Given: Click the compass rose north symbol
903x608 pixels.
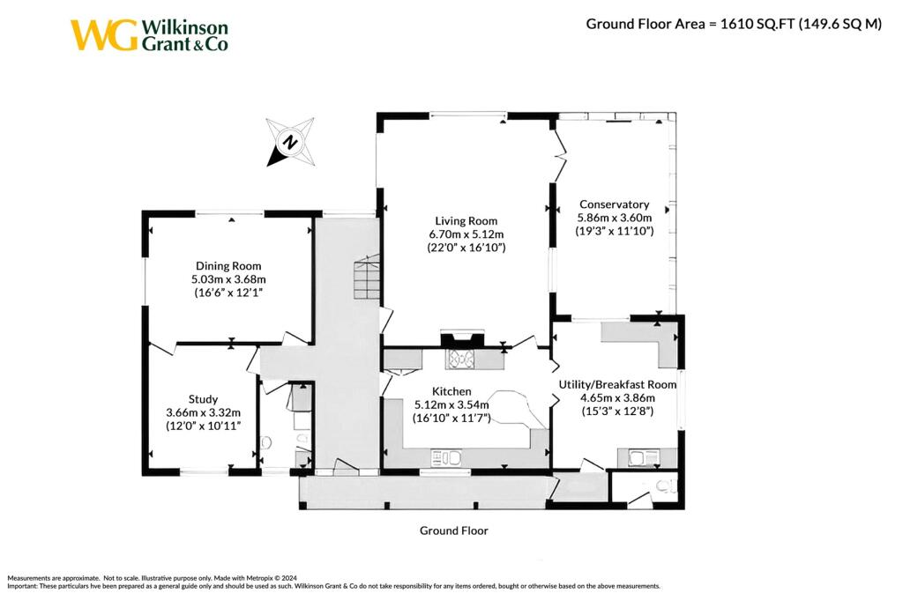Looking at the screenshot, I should click(289, 141).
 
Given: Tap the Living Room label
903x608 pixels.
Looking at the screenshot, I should click(466, 221).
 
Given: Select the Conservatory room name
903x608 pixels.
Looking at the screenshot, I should click(614, 204).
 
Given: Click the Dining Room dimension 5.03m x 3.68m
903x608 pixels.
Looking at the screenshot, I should click(228, 279).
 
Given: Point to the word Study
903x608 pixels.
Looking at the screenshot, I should click(203, 399).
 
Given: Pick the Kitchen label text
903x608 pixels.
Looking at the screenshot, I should click(451, 391).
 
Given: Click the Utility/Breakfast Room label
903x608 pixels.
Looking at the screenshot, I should click(617, 384).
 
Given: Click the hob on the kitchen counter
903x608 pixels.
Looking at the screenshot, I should click(462, 358).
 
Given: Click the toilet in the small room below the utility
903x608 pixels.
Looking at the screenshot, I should click(671, 485).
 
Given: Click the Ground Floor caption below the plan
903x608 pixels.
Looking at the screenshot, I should click(453, 530).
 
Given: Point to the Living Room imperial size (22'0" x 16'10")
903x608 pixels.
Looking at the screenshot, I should click(466, 248).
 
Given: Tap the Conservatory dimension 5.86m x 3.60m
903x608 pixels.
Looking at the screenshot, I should click(614, 218).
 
